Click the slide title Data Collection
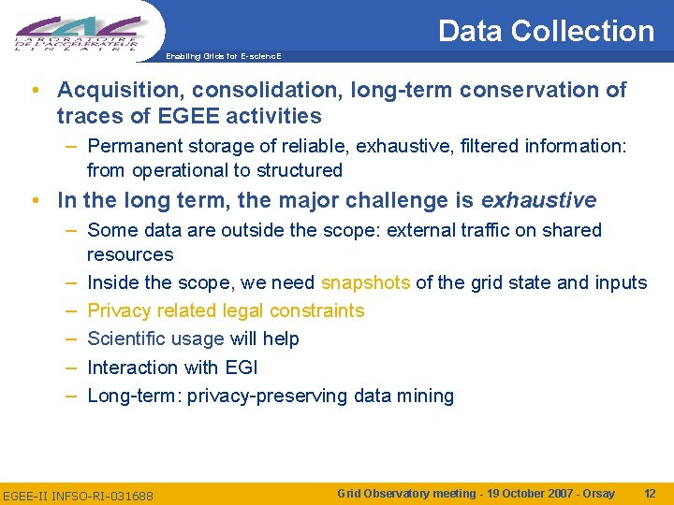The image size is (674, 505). point(546,31)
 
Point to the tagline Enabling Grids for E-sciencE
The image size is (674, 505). point(223,56)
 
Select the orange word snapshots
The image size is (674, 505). point(365,282)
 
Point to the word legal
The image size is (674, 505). point(248,310)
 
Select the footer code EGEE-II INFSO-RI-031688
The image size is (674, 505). point(78,494)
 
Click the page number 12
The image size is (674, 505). point(650,493)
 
